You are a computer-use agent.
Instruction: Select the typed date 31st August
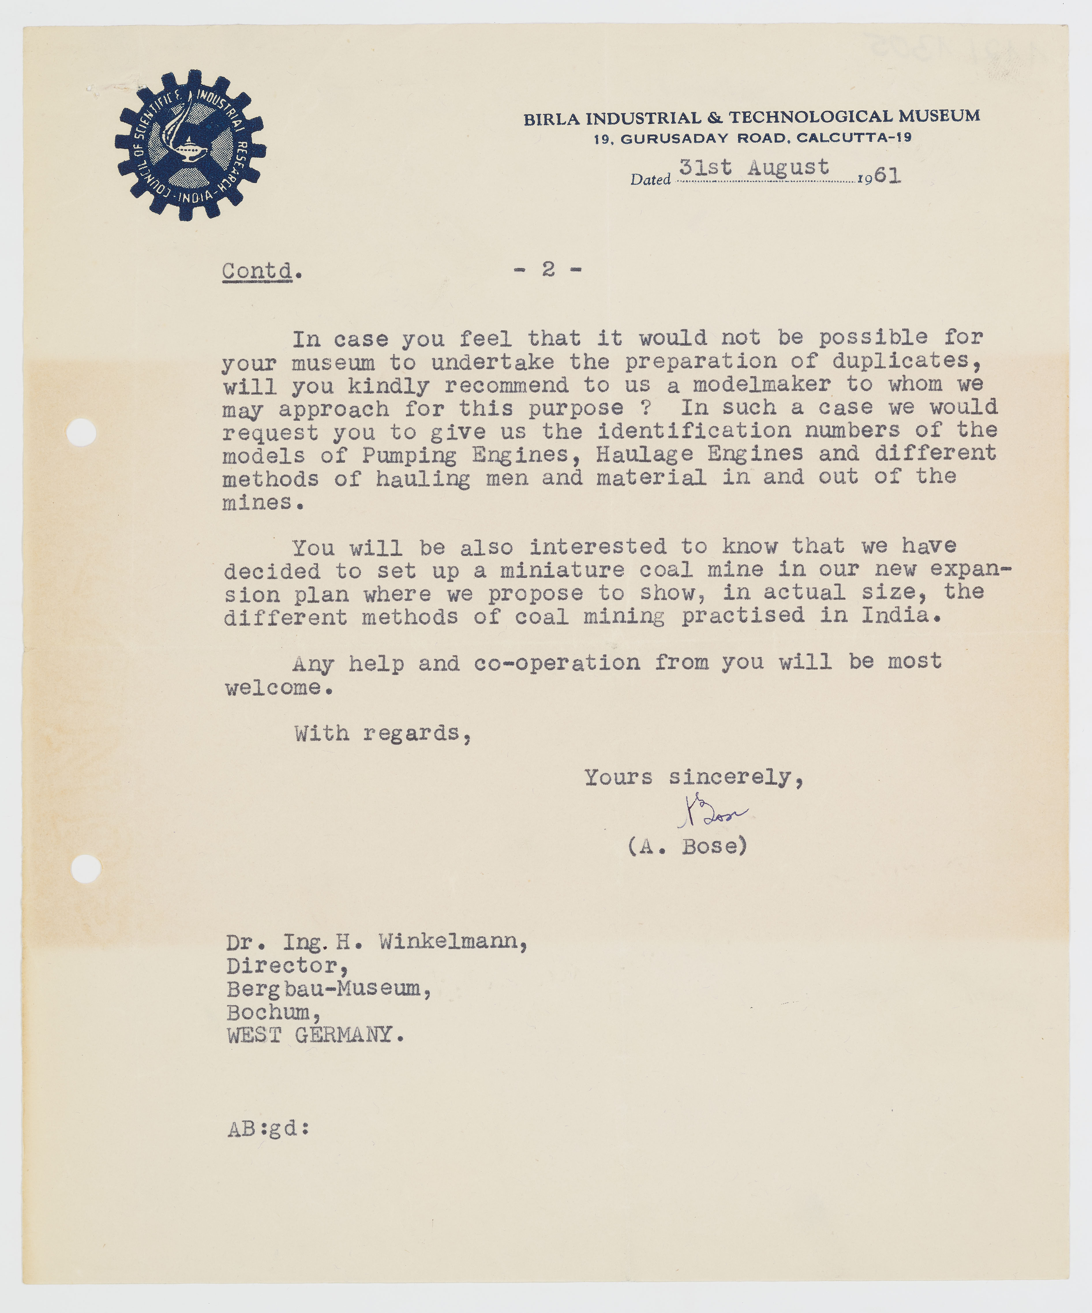pyautogui.click(x=754, y=168)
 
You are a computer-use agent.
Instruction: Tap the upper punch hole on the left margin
pyautogui.click(x=81, y=432)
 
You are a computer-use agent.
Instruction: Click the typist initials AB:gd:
pyautogui.click(x=268, y=1129)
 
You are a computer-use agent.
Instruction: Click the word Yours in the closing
pyautogui.click(x=618, y=777)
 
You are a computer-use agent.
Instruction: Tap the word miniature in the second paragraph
pyautogui.click(x=562, y=569)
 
